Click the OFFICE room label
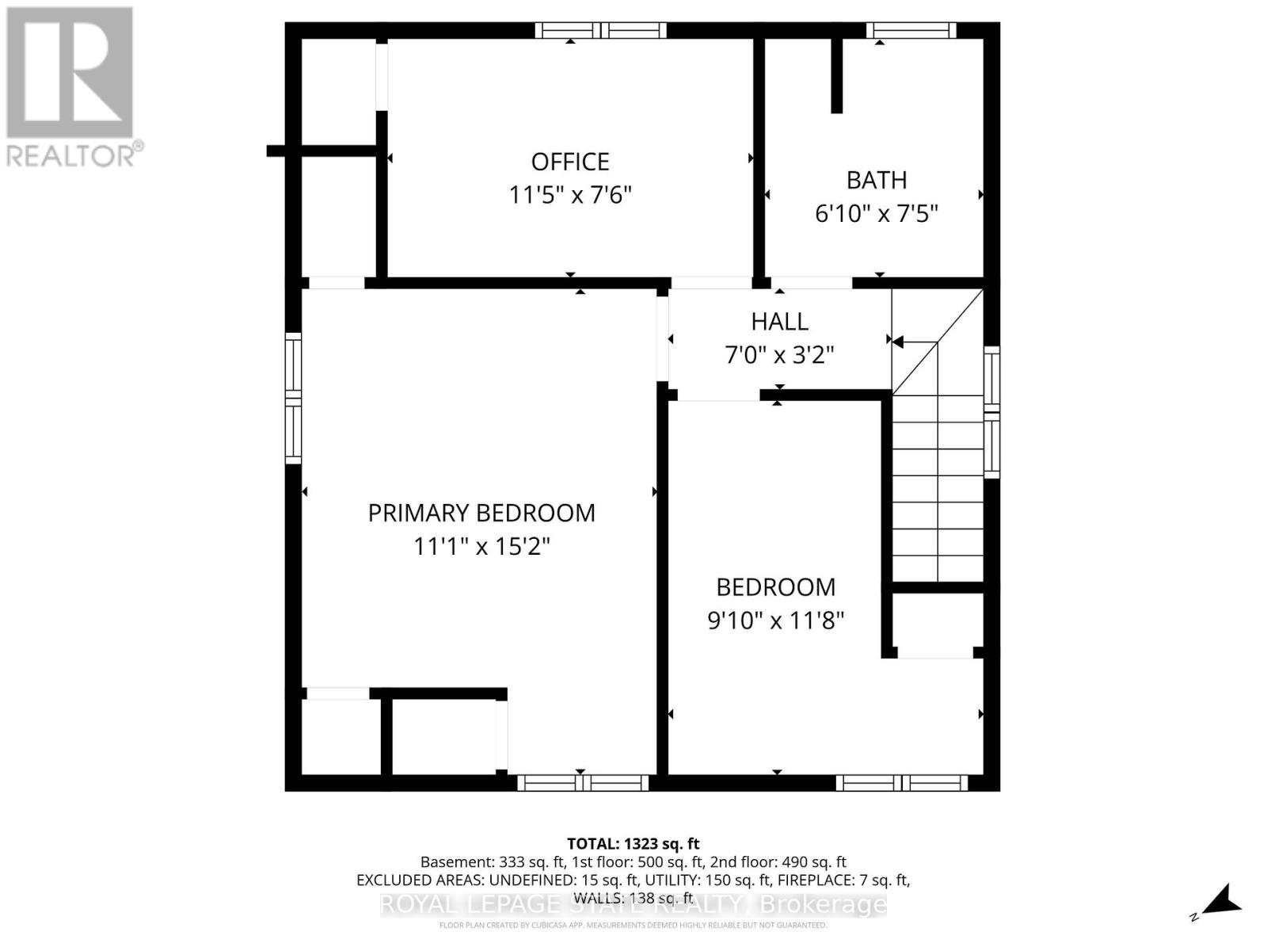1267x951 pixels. click(x=569, y=162)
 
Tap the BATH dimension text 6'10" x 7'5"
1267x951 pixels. click(x=876, y=213)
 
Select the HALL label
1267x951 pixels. click(x=779, y=321)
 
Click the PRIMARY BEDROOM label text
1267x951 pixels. click(x=481, y=513)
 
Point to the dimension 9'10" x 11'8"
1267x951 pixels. click(x=775, y=620)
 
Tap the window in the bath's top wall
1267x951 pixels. click(x=911, y=30)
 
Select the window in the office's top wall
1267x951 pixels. click(x=600, y=30)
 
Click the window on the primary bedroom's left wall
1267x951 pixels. click(x=293, y=398)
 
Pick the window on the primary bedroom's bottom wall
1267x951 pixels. click(x=583, y=783)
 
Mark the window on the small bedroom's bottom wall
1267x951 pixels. click(x=901, y=783)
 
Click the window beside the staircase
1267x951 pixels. click(x=991, y=412)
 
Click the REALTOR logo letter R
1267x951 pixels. click(x=70, y=73)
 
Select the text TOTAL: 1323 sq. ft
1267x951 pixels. click(x=633, y=844)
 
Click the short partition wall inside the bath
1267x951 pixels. click(x=836, y=75)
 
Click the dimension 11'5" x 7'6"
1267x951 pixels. click(x=569, y=195)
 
